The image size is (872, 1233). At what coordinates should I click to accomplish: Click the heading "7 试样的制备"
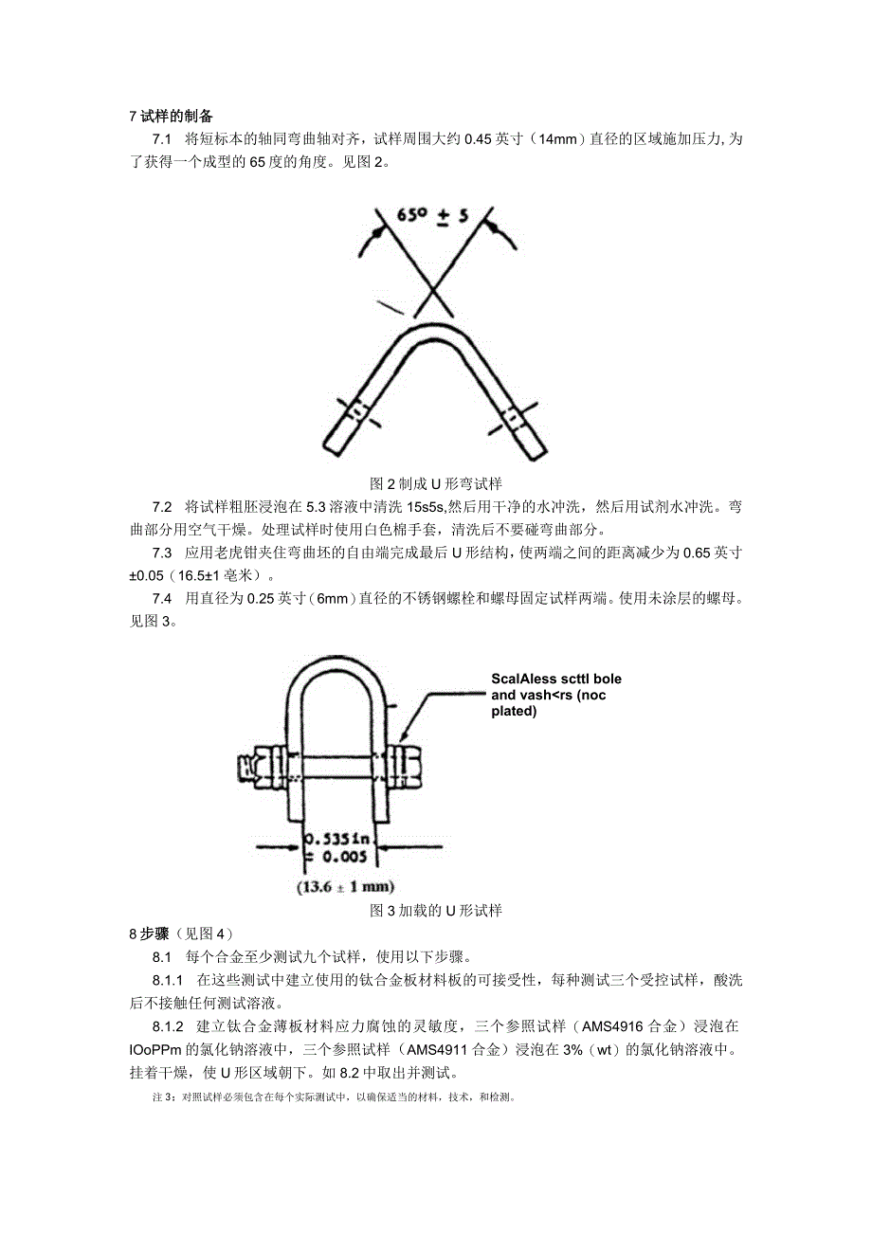(171, 117)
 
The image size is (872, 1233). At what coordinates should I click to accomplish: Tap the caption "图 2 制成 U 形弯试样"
(436, 482)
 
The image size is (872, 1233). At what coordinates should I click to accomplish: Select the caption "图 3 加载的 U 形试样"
(436, 911)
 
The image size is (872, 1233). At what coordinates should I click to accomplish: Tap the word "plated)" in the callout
(514, 711)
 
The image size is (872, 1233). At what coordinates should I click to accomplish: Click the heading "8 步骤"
(146, 933)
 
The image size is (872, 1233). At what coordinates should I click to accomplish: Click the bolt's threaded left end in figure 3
(248, 761)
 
